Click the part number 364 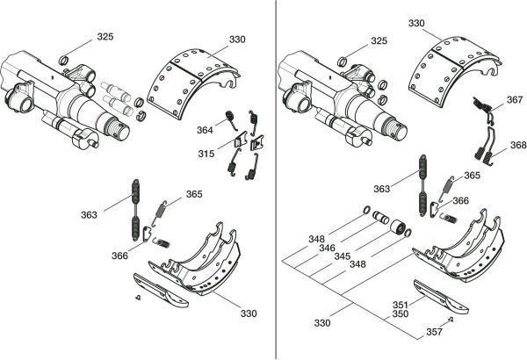coord(205,131)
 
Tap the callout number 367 coord(515,101)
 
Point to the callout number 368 coord(518,145)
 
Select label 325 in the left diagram coord(105,37)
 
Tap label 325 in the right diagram coord(379,41)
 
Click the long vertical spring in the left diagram coord(137,208)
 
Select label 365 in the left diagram coord(193,194)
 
